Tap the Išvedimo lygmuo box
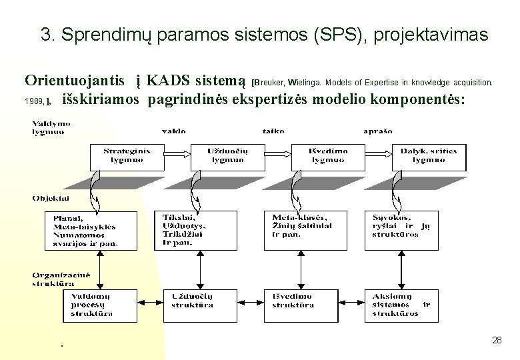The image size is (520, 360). (x=327, y=156)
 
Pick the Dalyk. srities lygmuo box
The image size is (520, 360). (x=429, y=156)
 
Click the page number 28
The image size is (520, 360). (x=497, y=341)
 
